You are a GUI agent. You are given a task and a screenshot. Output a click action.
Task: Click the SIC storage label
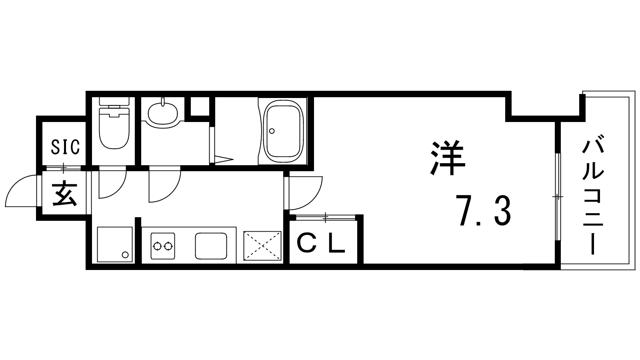[x=65, y=147]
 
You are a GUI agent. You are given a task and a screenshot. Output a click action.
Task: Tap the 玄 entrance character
[x=64, y=194]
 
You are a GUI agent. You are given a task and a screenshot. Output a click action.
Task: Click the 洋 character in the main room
[x=448, y=158]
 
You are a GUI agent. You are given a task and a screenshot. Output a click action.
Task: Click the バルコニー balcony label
[x=593, y=198]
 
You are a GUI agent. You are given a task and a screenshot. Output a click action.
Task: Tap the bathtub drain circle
[x=272, y=131]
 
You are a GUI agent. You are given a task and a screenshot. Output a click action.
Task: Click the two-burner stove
[x=163, y=246]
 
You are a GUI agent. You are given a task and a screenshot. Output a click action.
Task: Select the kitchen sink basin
[x=211, y=246]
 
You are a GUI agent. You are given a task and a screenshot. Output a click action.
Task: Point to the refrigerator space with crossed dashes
[x=262, y=246]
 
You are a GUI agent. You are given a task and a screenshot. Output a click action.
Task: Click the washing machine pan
[x=115, y=244]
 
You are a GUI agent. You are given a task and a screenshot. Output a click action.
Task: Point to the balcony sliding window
[x=558, y=197]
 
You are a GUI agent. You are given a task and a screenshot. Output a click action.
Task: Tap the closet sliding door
[x=326, y=218]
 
